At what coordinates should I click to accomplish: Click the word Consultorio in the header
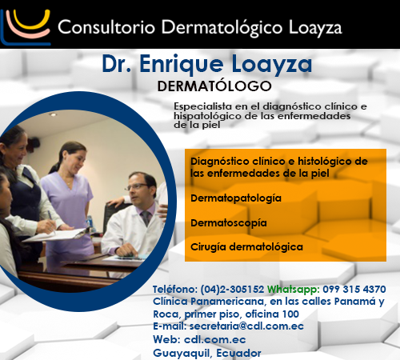tap(106, 27)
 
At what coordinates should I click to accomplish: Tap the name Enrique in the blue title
tap(182, 65)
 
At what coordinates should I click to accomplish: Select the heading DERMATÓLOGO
tap(214, 86)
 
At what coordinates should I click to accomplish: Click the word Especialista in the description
tap(202, 106)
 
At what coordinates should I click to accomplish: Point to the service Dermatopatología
tap(236, 198)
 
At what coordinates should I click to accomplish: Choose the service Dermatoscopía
tap(229, 223)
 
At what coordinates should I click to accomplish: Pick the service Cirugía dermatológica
tap(246, 247)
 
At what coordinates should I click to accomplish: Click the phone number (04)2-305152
tap(232, 290)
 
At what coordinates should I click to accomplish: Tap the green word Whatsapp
tap(294, 290)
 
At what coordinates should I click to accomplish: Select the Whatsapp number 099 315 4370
tap(354, 289)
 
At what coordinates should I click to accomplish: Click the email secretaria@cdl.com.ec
tap(246, 326)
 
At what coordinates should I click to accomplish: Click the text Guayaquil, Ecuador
tap(207, 353)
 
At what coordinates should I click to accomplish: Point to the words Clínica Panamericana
tap(209, 302)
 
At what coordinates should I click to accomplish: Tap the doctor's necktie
tap(146, 218)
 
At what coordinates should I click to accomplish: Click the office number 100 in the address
tap(290, 314)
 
